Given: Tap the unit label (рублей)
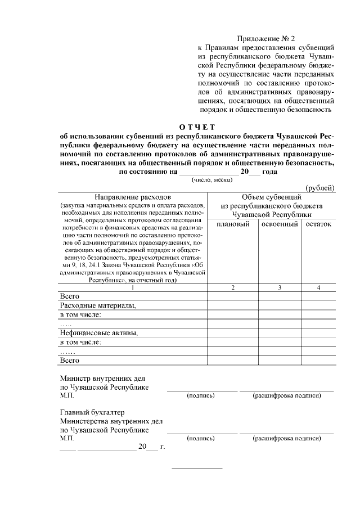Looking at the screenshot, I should (319, 187).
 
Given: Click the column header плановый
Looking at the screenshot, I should (233, 224).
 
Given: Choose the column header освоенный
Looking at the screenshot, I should (280, 224).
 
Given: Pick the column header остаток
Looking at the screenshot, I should (318, 224).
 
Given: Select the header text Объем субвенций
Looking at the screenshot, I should (272, 197).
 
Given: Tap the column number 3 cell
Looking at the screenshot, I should (280, 288).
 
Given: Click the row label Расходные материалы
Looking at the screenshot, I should (98, 306).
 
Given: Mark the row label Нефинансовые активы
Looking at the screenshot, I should (99, 333).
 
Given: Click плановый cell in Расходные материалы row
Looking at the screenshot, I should (233, 306).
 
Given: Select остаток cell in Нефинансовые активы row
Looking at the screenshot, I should (318, 333).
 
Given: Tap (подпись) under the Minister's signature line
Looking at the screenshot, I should (201, 396).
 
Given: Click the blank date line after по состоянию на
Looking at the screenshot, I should (206, 172).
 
